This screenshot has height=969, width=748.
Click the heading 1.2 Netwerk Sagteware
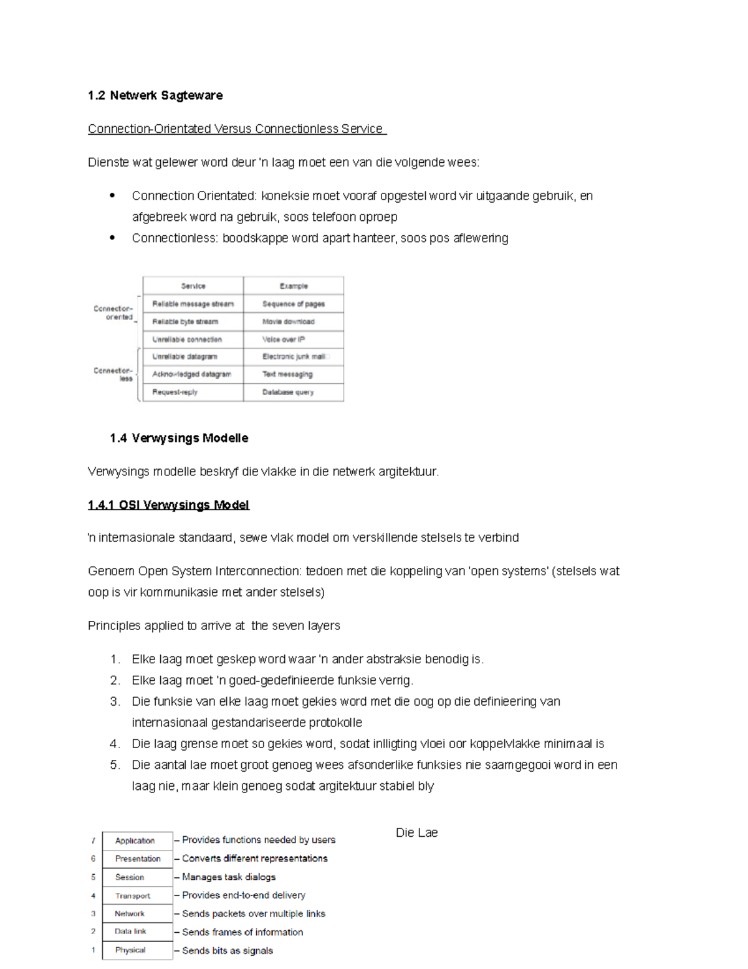pyautogui.click(x=155, y=95)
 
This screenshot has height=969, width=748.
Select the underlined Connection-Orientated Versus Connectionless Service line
pyautogui.click(x=236, y=129)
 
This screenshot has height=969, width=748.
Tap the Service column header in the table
pyautogui.click(x=193, y=286)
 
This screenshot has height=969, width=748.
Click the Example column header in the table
pyautogui.click(x=294, y=286)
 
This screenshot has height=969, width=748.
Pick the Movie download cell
pyautogui.click(x=288, y=322)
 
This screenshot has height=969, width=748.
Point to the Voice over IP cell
pyautogui.click(x=284, y=339)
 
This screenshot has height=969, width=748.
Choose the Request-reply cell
pyautogui.click(x=175, y=392)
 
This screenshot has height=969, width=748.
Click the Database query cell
pyautogui.click(x=288, y=392)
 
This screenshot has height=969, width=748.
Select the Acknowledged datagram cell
pyautogui.click(x=191, y=374)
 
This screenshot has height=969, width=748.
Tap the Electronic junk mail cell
pyautogui.click(x=294, y=357)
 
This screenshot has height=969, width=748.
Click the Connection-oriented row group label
pyautogui.click(x=113, y=313)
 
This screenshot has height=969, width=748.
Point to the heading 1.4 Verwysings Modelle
pyautogui.click(x=179, y=438)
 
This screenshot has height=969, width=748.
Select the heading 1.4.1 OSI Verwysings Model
pyautogui.click(x=168, y=505)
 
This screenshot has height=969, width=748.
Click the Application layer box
pyautogui.click(x=135, y=840)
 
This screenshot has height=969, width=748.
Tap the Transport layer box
pyautogui.click(x=133, y=895)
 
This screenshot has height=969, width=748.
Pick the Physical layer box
pyautogui.click(x=130, y=950)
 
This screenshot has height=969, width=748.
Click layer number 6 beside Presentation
pyautogui.click(x=93, y=859)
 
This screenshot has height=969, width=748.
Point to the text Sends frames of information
pyautogui.click(x=242, y=932)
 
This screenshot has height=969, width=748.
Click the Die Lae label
pyautogui.click(x=416, y=833)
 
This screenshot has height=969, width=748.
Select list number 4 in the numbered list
pyautogui.click(x=114, y=744)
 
